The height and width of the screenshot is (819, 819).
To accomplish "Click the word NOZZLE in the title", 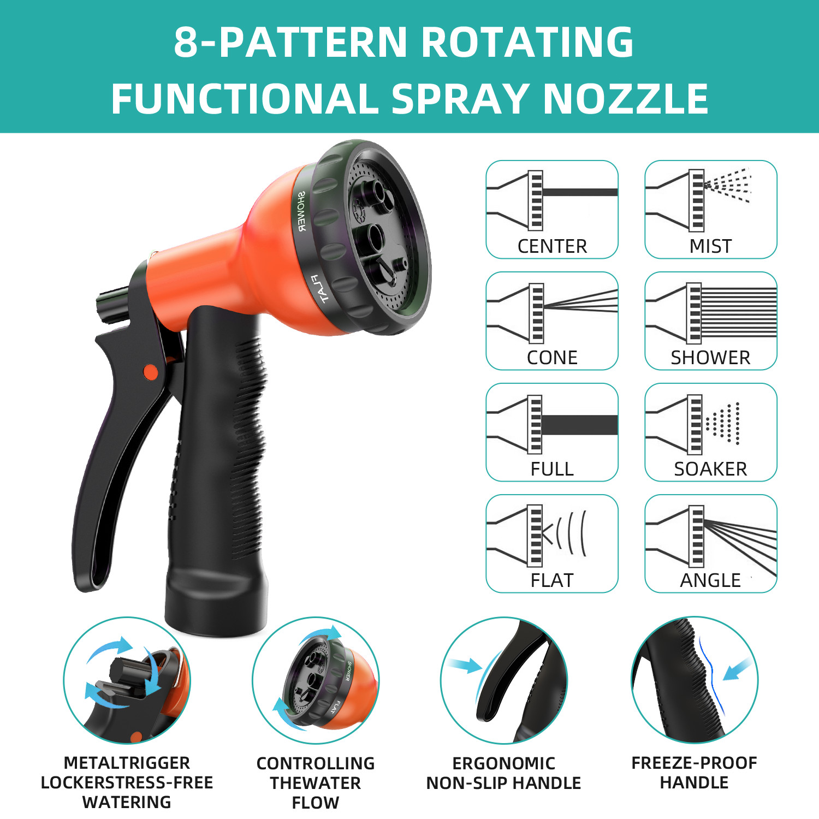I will coord(626,99).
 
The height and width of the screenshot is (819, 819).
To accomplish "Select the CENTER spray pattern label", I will coord(552,246).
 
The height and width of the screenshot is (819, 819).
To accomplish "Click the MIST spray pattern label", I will coord(710,246).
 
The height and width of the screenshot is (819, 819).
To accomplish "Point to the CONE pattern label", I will coord(552,358).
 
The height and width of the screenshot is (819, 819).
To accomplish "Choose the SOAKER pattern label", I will coord(710,469).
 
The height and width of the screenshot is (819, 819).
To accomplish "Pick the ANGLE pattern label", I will coord(710,580).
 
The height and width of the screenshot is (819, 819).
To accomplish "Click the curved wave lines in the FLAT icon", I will coord(571,533).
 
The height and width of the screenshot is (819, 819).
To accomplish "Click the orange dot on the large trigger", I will coord(151,372).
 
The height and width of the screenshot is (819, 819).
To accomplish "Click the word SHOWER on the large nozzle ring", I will coord(302,211).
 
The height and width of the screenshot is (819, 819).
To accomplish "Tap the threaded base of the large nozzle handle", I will coord(216,601).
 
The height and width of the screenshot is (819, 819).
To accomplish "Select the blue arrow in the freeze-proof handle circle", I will coord(737,669).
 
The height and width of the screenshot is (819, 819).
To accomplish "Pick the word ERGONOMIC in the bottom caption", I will coord(503,763).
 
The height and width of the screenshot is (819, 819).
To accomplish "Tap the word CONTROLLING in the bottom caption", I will coord(316,763).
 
